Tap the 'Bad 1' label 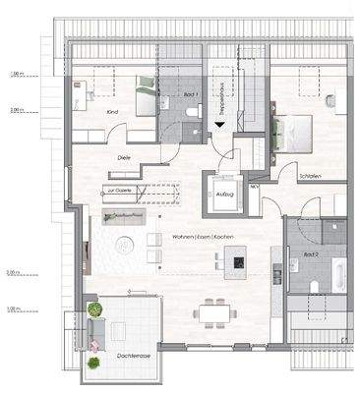point(192,94)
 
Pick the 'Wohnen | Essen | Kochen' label point(201,238)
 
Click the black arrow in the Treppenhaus point(218,125)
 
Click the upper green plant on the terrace point(95,309)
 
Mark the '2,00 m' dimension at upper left point(16,110)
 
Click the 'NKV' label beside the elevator point(254,186)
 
